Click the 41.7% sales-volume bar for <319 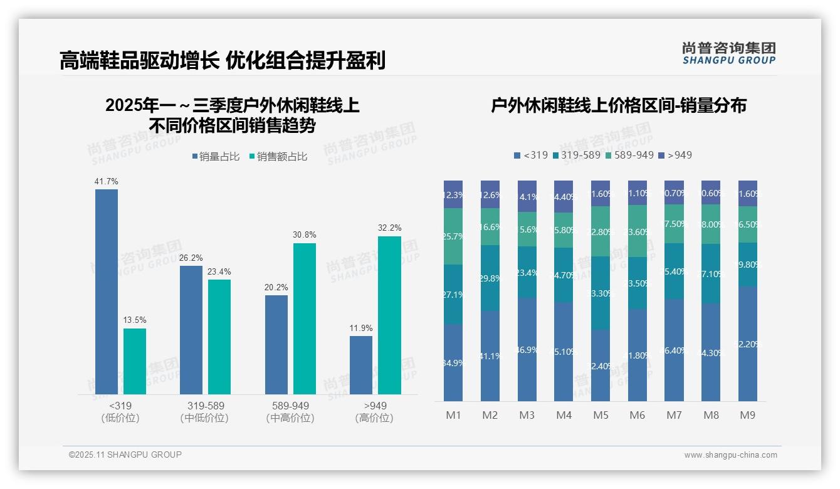pyautogui.click(x=107, y=292)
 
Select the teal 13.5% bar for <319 pyautogui.click(x=135, y=361)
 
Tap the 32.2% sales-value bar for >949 pyautogui.click(x=389, y=315)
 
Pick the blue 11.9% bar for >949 pyautogui.click(x=361, y=365)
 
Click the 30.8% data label pyautogui.click(x=305, y=235)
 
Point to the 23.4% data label pyautogui.click(x=219, y=271)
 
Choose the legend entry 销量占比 pyautogui.click(x=216, y=157)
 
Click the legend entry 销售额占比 pyautogui.click(x=278, y=157)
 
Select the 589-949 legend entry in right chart pyautogui.click(x=629, y=155)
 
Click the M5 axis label pyautogui.click(x=601, y=415)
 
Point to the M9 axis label pyautogui.click(x=748, y=415)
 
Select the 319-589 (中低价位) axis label pyautogui.click(x=206, y=412)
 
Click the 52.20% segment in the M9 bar pyautogui.click(x=748, y=344)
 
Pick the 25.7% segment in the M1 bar pyautogui.click(x=453, y=236)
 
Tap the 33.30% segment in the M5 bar pyautogui.click(x=601, y=293)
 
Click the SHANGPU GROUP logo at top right pyautogui.click(x=729, y=53)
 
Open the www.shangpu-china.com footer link pyautogui.click(x=730, y=455)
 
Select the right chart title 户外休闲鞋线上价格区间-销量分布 pyautogui.click(x=618, y=106)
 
